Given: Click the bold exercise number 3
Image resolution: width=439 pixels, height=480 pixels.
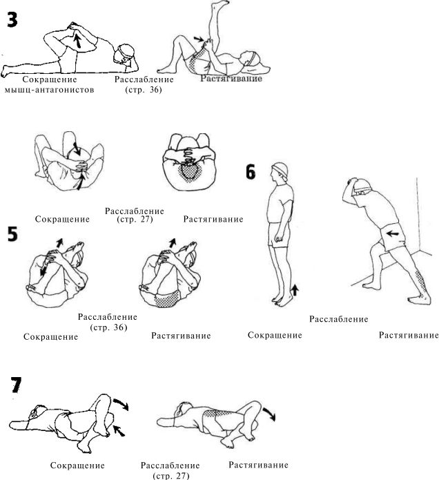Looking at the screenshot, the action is point(12,20).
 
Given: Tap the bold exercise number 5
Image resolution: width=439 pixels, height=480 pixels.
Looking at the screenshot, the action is point(13,235).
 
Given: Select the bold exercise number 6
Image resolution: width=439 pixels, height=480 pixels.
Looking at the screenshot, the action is point(251,172).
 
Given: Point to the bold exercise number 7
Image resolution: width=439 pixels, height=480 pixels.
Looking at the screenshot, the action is point(16,385).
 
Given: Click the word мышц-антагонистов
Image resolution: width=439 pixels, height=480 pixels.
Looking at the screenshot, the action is point(49,90).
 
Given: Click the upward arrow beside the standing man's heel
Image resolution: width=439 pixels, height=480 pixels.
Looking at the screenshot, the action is point(294,289).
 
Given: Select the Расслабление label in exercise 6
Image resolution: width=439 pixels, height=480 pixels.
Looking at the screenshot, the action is point(339,319).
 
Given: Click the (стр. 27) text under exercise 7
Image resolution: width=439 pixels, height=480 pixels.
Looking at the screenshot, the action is point(170,476).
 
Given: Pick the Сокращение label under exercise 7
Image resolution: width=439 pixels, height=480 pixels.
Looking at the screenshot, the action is point(77,465).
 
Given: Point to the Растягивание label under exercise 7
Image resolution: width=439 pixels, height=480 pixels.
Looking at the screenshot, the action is point(259,465).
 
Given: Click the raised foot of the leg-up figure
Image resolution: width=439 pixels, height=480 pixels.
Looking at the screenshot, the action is point(222,3).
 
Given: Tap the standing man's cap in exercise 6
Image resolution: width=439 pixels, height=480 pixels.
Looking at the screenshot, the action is point(280,169).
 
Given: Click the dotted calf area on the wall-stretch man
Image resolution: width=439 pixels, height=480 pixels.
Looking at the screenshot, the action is point(422,282).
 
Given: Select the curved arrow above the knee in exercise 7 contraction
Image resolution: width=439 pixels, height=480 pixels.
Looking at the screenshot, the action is point(121,404).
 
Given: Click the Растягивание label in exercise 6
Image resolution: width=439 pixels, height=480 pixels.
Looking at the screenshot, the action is point(409,335).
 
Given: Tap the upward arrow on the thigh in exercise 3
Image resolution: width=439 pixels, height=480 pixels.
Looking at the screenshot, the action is point(78,41).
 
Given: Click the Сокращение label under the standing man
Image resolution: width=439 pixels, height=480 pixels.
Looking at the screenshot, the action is point(275,335).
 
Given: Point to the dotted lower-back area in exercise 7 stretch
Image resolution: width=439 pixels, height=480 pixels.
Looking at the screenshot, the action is point(218,414).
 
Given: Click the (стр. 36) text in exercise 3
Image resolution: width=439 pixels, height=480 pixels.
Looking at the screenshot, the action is point(144,90).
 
